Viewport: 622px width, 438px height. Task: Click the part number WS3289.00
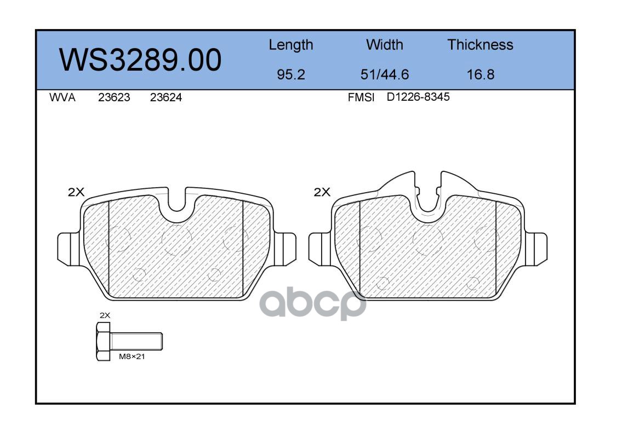tap(140, 60)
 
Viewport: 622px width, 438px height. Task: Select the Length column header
tap(291, 45)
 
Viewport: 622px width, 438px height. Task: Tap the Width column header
tap(384, 44)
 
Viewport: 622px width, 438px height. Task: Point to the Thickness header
tap(480, 44)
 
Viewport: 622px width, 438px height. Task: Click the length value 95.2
tap(291, 74)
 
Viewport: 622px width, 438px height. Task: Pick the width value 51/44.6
tap(384, 74)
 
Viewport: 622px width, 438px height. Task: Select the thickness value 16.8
tap(481, 74)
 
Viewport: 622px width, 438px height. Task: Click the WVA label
tap(62, 97)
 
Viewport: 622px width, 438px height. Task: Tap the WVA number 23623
tap(114, 97)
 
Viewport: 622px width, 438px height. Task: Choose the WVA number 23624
tap(166, 97)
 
